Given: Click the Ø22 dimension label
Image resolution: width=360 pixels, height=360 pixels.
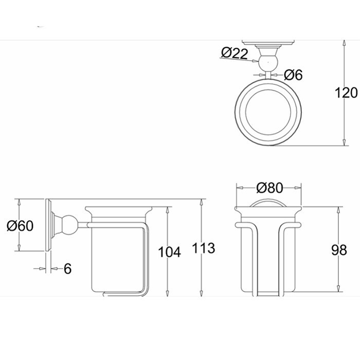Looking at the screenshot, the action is tap(235, 53).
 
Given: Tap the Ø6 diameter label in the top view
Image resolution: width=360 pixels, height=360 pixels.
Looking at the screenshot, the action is tap(293, 75).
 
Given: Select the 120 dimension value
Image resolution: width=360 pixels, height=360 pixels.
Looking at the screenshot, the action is tap(346, 93).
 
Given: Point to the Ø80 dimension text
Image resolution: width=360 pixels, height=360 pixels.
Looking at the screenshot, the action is tap(269, 188).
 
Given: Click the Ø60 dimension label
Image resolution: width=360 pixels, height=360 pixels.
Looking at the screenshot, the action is tap(20, 225).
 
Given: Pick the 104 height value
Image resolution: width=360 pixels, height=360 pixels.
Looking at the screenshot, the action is tap(169, 252).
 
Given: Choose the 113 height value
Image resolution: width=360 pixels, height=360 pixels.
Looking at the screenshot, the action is tap(204, 248).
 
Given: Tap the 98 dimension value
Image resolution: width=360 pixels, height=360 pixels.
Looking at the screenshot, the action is tap(339, 250).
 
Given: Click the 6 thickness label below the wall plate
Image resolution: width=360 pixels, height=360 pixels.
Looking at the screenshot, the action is tap(67, 268).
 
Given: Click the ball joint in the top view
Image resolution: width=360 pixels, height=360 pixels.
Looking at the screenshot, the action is tap(268, 62).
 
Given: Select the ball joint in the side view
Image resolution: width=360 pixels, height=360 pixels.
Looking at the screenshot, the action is tap(70, 225).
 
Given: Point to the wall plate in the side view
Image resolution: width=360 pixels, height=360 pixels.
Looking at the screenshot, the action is tap(48, 225).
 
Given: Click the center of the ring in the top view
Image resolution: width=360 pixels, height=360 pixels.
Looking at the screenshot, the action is tap(268, 112).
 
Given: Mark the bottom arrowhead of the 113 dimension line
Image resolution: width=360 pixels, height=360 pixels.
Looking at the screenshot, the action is tap(201, 293).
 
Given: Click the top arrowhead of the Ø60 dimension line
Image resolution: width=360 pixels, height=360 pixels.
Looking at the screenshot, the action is tap(20, 202).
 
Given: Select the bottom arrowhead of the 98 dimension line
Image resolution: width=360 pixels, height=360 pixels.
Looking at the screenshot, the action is tap(338, 289).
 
